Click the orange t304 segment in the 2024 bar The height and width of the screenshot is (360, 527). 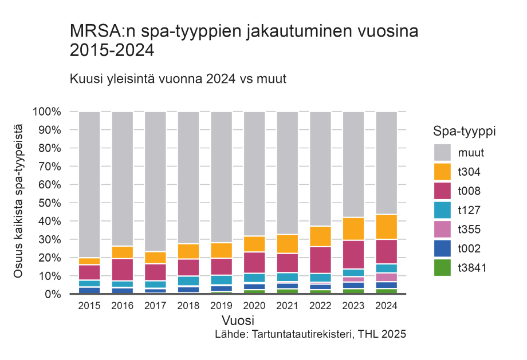click(x=387, y=227)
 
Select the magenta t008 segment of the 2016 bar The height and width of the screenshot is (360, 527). click(x=123, y=270)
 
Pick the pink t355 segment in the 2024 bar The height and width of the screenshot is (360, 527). click(x=387, y=277)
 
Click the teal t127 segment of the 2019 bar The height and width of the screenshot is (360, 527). click(x=222, y=280)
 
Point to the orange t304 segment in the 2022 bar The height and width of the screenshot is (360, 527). click(x=321, y=236)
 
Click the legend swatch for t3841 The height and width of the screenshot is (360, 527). click(x=442, y=268)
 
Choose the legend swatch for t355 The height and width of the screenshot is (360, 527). click(x=442, y=230)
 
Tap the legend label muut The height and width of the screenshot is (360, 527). click(x=471, y=153)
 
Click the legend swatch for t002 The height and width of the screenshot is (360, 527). click(x=442, y=249)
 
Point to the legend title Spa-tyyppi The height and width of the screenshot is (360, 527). click(x=464, y=131)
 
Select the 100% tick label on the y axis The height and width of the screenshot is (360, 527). click(x=46, y=112)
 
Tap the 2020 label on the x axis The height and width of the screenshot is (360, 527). click(x=255, y=306)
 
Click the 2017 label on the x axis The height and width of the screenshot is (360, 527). click(x=156, y=306)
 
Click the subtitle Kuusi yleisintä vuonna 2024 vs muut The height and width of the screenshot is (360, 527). click(x=178, y=78)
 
